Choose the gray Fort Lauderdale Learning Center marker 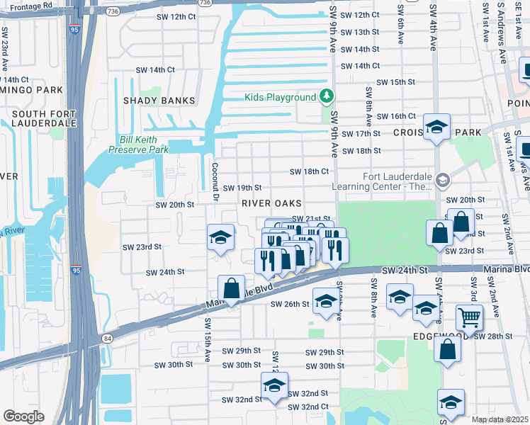pyautogui.click(x=443, y=181)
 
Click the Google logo pyautogui.click(x=23, y=416)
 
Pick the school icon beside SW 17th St pyautogui.click(x=437, y=127)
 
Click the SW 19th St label pyautogui.click(x=242, y=188)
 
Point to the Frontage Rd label pyautogui.click(x=32, y=5)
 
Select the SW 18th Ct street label pyautogui.click(x=309, y=171)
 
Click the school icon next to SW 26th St pyautogui.click(x=325, y=301)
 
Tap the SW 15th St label pyautogui.click(x=395, y=82)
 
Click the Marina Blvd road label pyautogui.click(x=506, y=269)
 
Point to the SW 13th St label pyautogui.click(x=361, y=32)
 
